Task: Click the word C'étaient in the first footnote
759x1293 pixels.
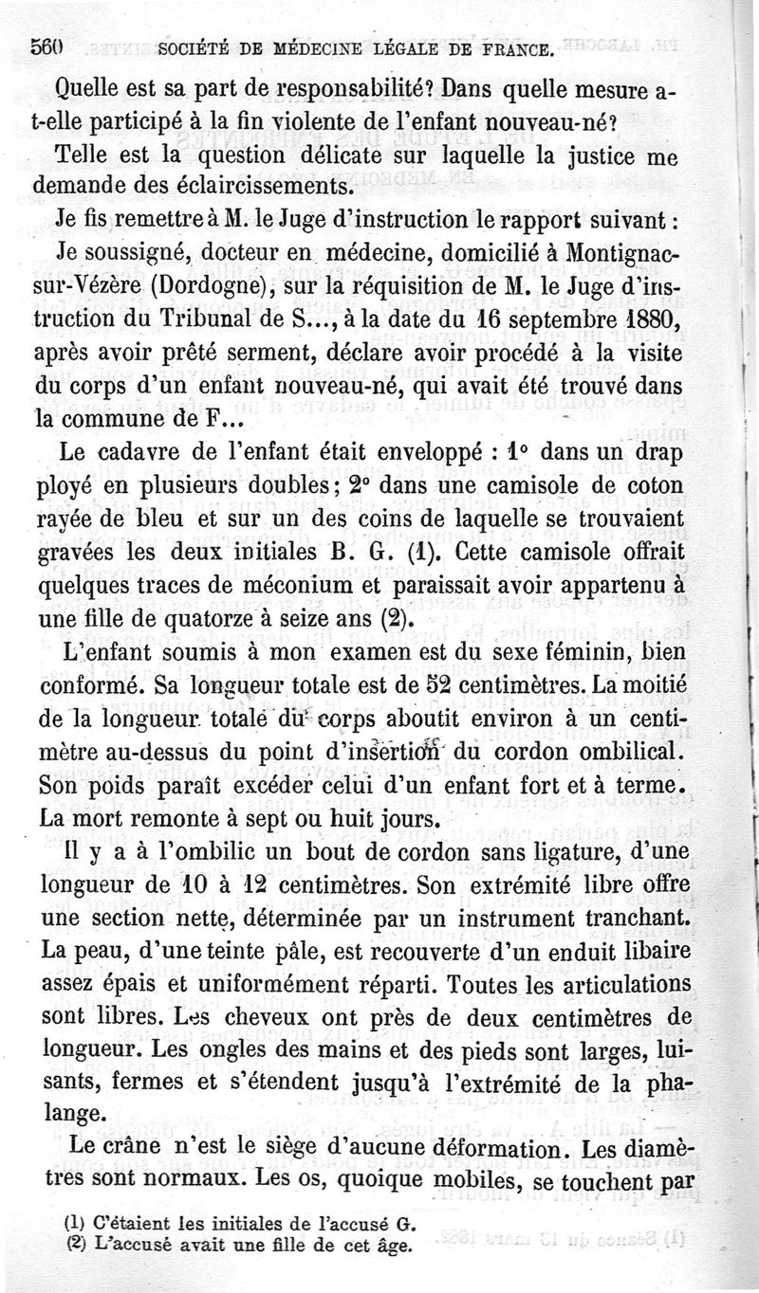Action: coord(110,1222)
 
